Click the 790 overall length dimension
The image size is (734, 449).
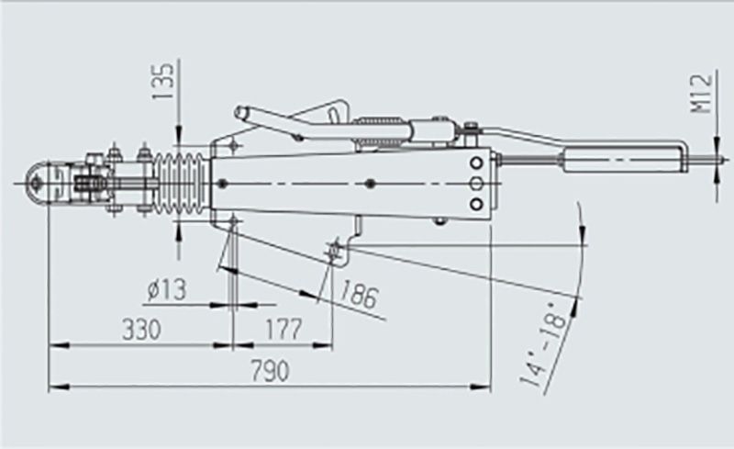click(270, 372)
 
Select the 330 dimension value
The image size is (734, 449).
click(139, 328)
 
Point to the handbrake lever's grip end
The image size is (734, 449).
click(244, 114)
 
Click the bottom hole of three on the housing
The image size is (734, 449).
click(477, 205)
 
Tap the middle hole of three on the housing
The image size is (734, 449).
click(477, 184)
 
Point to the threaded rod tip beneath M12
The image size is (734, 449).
click(711, 165)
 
